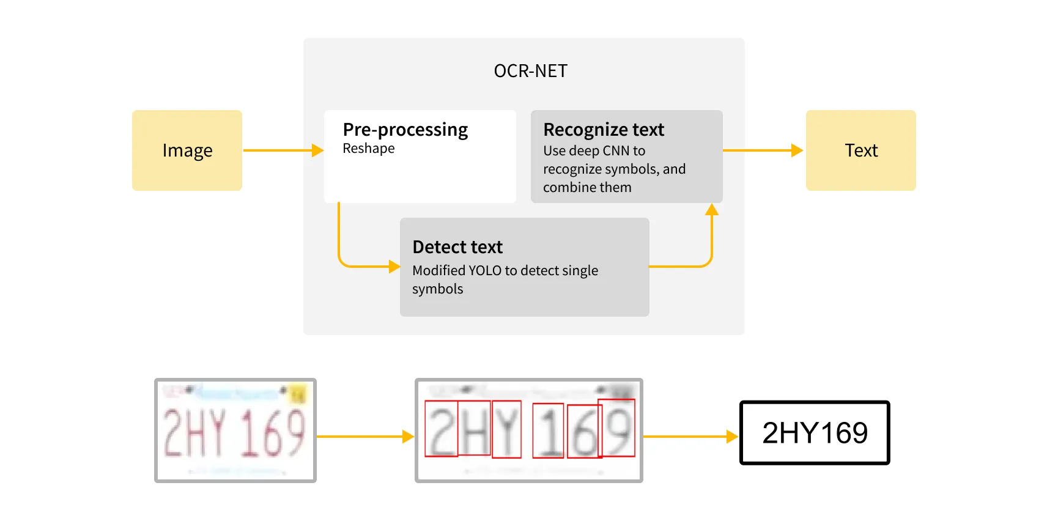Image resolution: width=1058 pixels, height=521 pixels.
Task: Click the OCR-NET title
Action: coord(530,71)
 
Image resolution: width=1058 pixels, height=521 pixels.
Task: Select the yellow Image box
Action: coord(187,150)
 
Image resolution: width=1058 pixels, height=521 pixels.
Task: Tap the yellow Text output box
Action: coord(860,150)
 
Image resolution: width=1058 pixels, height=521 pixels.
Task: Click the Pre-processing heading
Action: coord(405,130)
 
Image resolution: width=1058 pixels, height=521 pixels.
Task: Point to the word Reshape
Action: coord(368,149)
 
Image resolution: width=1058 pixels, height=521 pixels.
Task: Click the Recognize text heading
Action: coord(603,130)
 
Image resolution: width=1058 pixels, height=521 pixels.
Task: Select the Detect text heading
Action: coord(457,247)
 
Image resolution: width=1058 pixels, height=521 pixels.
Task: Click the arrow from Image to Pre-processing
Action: coord(281,150)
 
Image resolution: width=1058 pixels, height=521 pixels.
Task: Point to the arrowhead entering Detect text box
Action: coord(394,266)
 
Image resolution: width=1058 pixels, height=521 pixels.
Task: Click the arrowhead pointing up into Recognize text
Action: coord(711,210)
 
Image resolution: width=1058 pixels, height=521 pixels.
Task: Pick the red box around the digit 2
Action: coord(441,428)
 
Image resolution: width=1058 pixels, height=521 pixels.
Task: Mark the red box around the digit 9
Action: coord(616,427)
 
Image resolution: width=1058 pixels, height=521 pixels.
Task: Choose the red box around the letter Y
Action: coord(506,429)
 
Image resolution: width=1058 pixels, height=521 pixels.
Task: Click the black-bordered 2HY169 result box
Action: coord(814,432)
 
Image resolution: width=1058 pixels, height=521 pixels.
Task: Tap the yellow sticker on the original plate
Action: coord(298,395)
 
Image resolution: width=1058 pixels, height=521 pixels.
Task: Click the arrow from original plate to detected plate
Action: coord(364,437)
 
